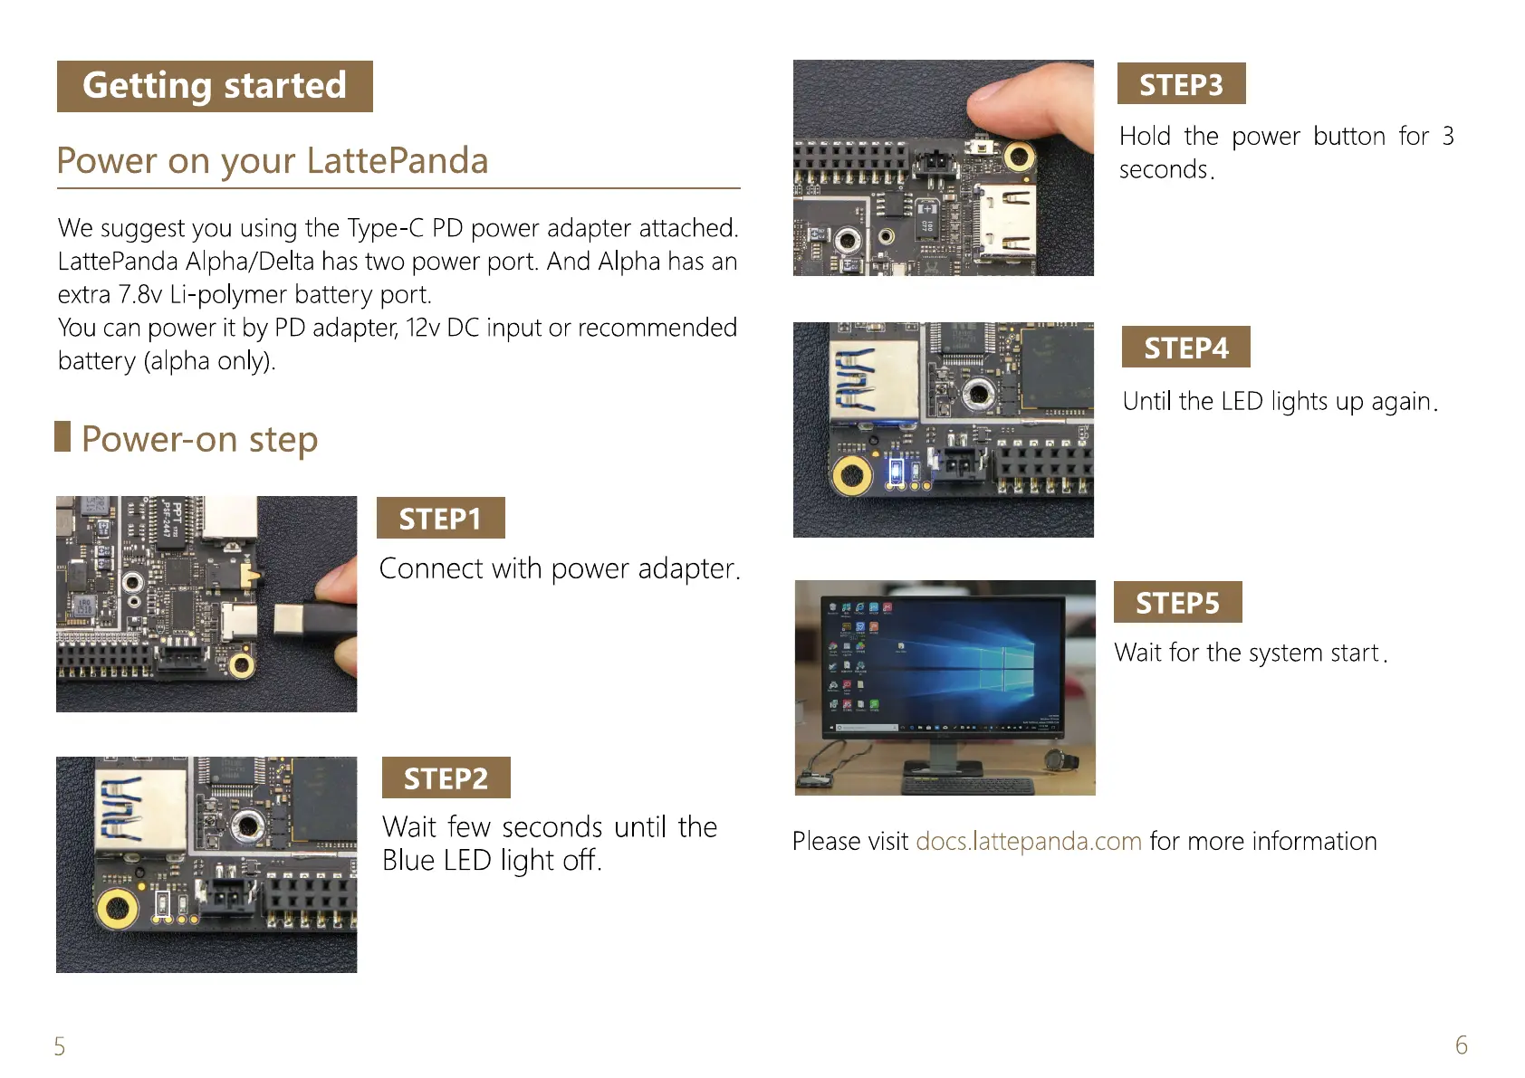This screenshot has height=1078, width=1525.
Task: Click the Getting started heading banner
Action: (215, 86)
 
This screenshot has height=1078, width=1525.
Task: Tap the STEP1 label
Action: (440, 519)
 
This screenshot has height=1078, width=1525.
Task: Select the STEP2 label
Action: (446, 778)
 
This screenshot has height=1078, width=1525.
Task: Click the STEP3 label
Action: (1181, 84)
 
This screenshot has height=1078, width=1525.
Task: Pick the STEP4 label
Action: (1185, 348)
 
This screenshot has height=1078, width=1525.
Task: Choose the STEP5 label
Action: (1177, 603)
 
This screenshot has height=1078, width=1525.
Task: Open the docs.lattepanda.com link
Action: (1028, 841)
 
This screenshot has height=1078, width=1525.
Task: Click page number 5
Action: (60, 1046)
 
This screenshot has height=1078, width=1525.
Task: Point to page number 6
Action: (1461, 1045)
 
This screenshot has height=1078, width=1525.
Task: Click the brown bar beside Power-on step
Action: (62, 436)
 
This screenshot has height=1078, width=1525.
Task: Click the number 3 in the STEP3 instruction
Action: (1448, 136)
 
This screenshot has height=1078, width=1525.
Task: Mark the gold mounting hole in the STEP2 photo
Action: (117, 906)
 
